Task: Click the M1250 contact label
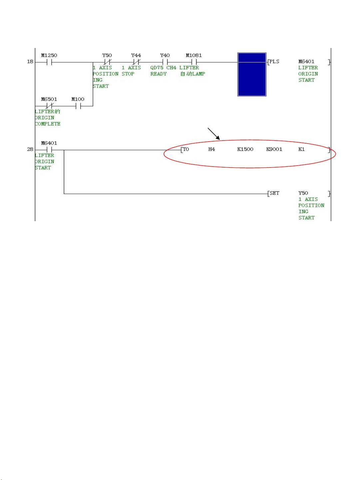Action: coord(49,55)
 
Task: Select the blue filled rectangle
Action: coord(252,74)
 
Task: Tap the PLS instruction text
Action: coord(274,62)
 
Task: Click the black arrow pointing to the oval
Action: coord(213,134)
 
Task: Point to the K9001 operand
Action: coord(274,149)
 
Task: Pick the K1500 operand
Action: coord(245,149)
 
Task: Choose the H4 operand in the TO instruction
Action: coord(211,149)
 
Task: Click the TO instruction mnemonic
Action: coord(186,149)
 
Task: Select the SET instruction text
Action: coord(274,193)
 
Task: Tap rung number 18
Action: coord(30,62)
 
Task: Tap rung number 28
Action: coord(30,149)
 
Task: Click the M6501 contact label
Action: coord(49,99)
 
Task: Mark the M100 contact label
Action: coord(78,99)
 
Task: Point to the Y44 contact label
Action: coord(136,55)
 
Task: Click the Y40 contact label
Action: coord(165,55)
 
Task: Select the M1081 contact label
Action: coord(194,55)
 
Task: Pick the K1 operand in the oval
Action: coord(301,149)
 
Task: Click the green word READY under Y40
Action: coord(159,74)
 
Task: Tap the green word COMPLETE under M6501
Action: coord(48,124)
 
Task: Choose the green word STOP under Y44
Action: coord(128,74)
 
